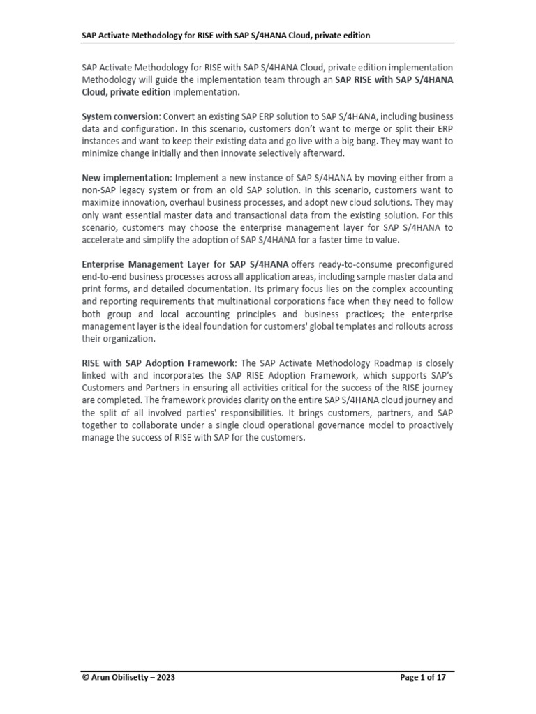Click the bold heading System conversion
121,116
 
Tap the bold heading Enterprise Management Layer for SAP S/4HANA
185,264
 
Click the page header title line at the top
225,35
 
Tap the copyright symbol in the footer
85,677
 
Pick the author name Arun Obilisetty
121,677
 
